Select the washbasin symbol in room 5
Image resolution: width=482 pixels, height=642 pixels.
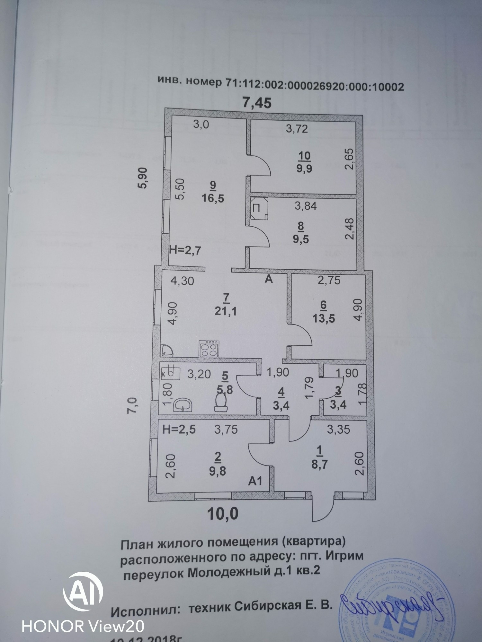pyautogui.click(x=183, y=405)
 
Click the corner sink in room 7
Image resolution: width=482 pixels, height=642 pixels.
pyautogui.click(x=166, y=350)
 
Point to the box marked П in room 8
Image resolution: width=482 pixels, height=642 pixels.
pyautogui.click(x=259, y=208)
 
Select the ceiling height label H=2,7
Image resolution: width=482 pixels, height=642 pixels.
pyautogui.click(x=185, y=250)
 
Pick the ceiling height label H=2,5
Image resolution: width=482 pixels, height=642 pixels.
pyautogui.click(x=179, y=429)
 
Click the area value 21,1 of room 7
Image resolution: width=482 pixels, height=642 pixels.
pyautogui.click(x=226, y=311)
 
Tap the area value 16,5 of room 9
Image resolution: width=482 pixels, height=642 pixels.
pyautogui.click(x=213, y=198)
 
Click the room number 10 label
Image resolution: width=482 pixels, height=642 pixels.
pyautogui.click(x=304, y=156)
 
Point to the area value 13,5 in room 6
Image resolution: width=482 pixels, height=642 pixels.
pyautogui.click(x=324, y=318)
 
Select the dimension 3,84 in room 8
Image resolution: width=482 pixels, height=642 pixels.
pyautogui.click(x=306, y=206)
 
